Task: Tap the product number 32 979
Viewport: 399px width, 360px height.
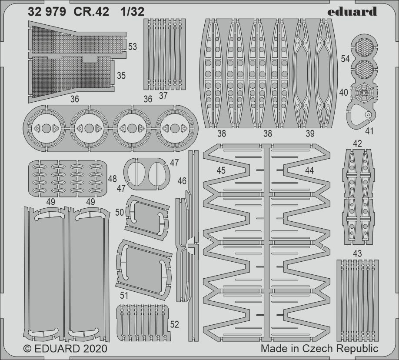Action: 47,12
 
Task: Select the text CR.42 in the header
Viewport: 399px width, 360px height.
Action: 87,12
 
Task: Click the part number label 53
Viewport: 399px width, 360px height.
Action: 133,47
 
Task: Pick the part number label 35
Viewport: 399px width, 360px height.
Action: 121,76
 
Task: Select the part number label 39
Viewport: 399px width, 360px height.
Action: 309,134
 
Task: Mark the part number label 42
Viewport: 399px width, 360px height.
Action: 357,143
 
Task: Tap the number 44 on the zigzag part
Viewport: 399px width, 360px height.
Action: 309,171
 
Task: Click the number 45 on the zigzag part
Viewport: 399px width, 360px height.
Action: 221,171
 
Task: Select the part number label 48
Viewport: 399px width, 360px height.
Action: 112,179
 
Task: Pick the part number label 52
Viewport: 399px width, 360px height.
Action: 174,324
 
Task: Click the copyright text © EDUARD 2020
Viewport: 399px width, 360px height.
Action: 65,349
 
